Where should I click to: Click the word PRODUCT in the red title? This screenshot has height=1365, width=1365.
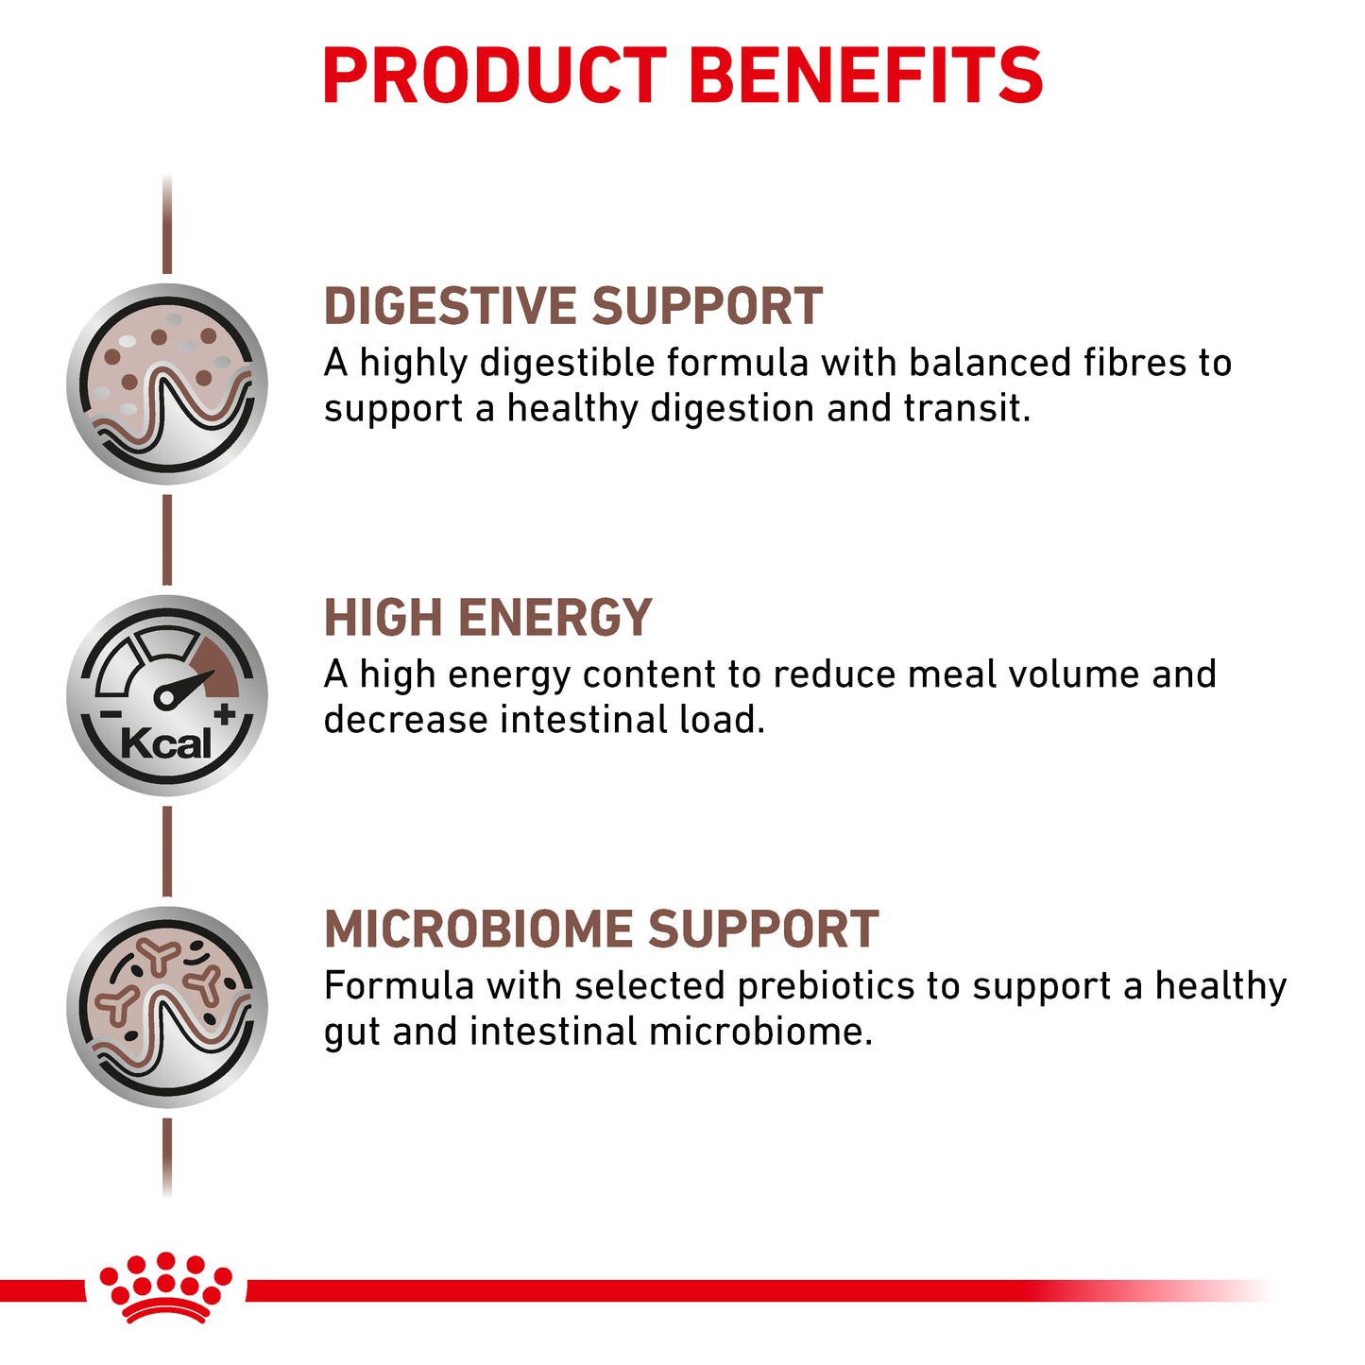pos(494,76)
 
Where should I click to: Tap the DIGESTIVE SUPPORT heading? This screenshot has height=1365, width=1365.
pos(572,307)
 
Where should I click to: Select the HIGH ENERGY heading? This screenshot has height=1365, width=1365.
pos(487,619)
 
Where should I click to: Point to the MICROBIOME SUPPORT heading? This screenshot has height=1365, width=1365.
pos(601,930)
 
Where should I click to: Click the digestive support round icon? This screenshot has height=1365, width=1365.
pos(167,384)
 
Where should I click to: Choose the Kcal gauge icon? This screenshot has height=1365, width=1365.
pos(167,696)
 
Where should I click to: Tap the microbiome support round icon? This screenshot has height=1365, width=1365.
pos(167,1007)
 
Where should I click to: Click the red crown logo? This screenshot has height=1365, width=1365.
pos(166,1287)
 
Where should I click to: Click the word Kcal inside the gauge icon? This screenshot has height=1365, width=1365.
pos(166,744)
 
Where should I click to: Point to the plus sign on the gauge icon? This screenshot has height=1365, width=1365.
pos(224,714)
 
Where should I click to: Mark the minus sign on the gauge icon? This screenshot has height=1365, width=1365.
pos(111,715)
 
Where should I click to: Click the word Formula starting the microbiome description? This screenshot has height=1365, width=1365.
pos(398,986)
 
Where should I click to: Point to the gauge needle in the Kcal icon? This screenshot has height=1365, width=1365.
pos(186,688)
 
